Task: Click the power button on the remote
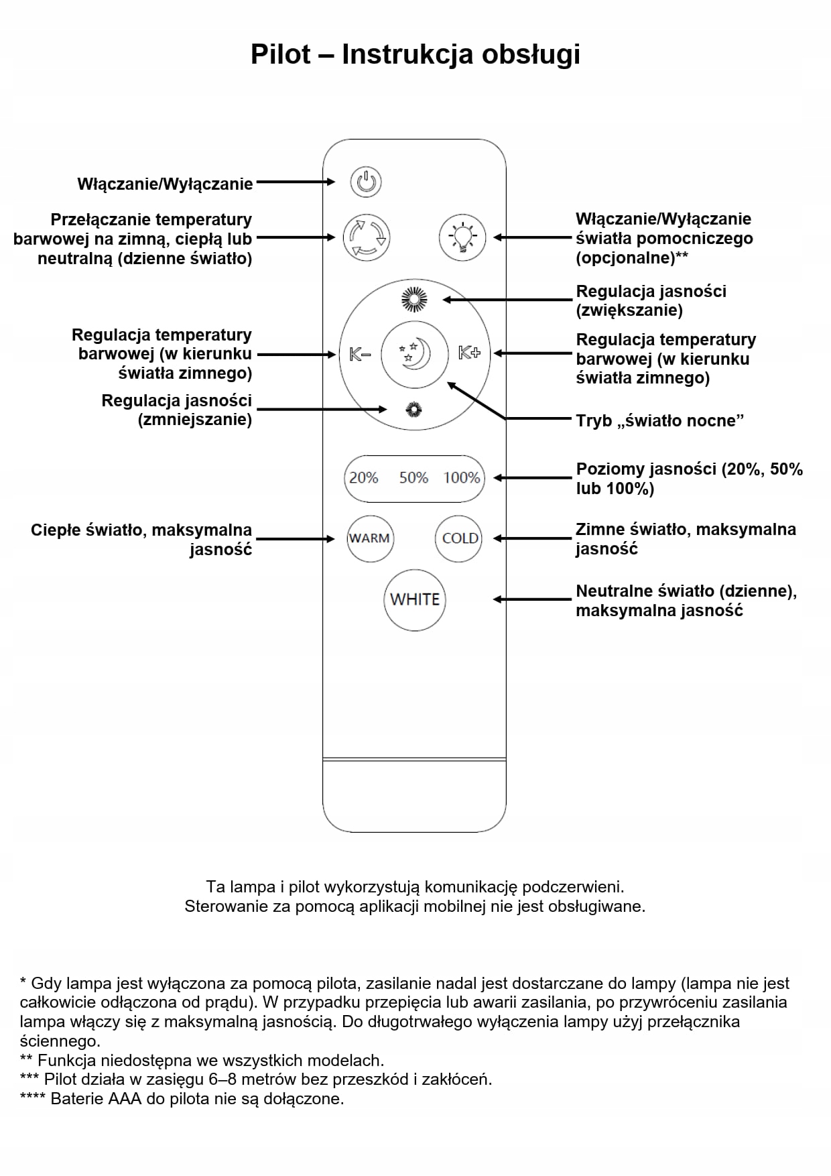point(366,182)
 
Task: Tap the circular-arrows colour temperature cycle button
point(366,237)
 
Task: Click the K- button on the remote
point(360,353)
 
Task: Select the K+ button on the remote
point(469,353)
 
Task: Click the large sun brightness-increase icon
point(414,299)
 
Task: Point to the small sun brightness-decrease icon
point(414,409)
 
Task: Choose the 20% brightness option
point(364,478)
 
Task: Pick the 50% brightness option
point(413,478)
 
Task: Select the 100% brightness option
point(462,478)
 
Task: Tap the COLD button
point(460,538)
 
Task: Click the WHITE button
point(415,599)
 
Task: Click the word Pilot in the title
point(281,54)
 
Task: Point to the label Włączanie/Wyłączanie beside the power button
point(165,184)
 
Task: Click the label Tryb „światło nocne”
point(659,421)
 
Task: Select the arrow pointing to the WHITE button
point(532,599)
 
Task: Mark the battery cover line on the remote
point(414,759)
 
